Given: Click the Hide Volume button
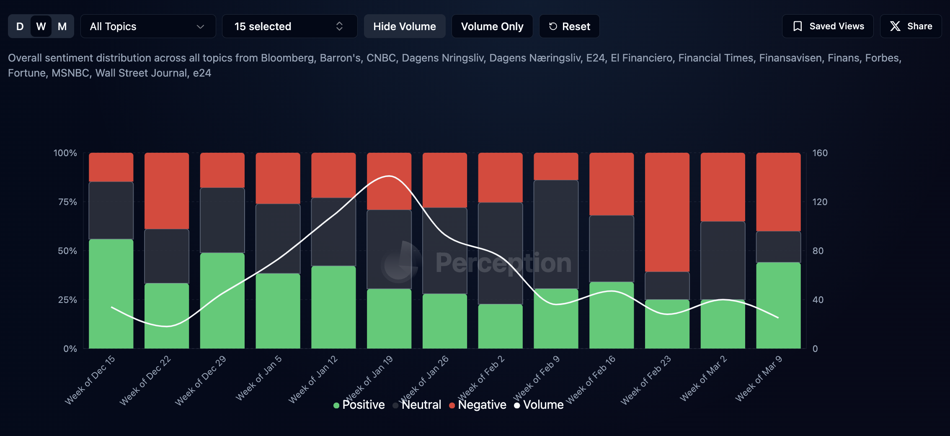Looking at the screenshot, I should pyautogui.click(x=404, y=26).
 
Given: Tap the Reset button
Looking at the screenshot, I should pyautogui.click(x=569, y=26).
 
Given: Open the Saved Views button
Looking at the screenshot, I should pyautogui.click(x=828, y=26).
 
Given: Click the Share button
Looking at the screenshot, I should pyautogui.click(x=911, y=26).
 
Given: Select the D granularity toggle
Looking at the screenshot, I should pyautogui.click(x=20, y=26).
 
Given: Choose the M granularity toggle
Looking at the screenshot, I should pyautogui.click(x=62, y=26).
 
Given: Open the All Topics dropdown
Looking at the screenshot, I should pyautogui.click(x=148, y=26).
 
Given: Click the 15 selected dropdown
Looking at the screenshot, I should pyautogui.click(x=289, y=26).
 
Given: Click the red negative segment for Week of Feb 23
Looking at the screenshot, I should pyautogui.click(x=667, y=212).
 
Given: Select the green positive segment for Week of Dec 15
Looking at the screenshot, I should pyautogui.click(x=111, y=294).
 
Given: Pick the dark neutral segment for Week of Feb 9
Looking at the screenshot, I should pyautogui.click(x=556, y=234).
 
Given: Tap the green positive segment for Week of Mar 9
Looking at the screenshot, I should pyautogui.click(x=778, y=305).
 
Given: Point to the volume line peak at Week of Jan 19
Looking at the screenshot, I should pyautogui.click(x=389, y=176).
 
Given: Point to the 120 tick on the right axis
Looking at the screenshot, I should pyautogui.click(x=820, y=202).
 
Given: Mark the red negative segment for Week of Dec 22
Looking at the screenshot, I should pyautogui.click(x=167, y=191).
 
